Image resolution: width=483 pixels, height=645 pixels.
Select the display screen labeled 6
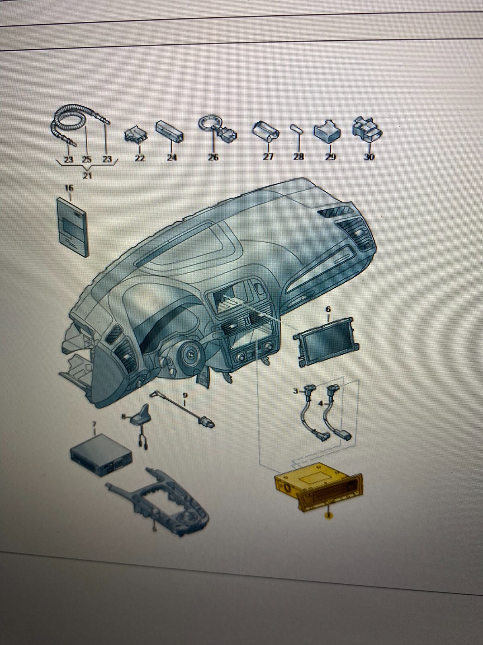pyautogui.click(x=326, y=345)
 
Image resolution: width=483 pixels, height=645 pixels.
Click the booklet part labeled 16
pyautogui.click(x=73, y=226)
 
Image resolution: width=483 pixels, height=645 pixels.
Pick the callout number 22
pyautogui.click(x=139, y=158)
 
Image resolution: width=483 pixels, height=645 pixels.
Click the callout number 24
pyautogui.click(x=172, y=158)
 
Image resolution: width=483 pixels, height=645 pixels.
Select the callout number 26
pyautogui.click(x=213, y=157)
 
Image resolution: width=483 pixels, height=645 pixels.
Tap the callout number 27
pyautogui.click(x=268, y=157)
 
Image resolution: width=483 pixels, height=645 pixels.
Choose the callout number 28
pyautogui.click(x=298, y=157)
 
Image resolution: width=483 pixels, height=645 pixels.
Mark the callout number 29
pyautogui.click(x=330, y=157)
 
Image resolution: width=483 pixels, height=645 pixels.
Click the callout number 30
pyautogui.click(x=369, y=156)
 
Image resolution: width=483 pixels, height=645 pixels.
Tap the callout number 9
pyautogui.click(x=185, y=395)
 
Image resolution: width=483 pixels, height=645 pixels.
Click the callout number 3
pyautogui.click(x=296, y=391)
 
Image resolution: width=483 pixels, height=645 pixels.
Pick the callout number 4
pyautogui.click(x=320, y=403)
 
